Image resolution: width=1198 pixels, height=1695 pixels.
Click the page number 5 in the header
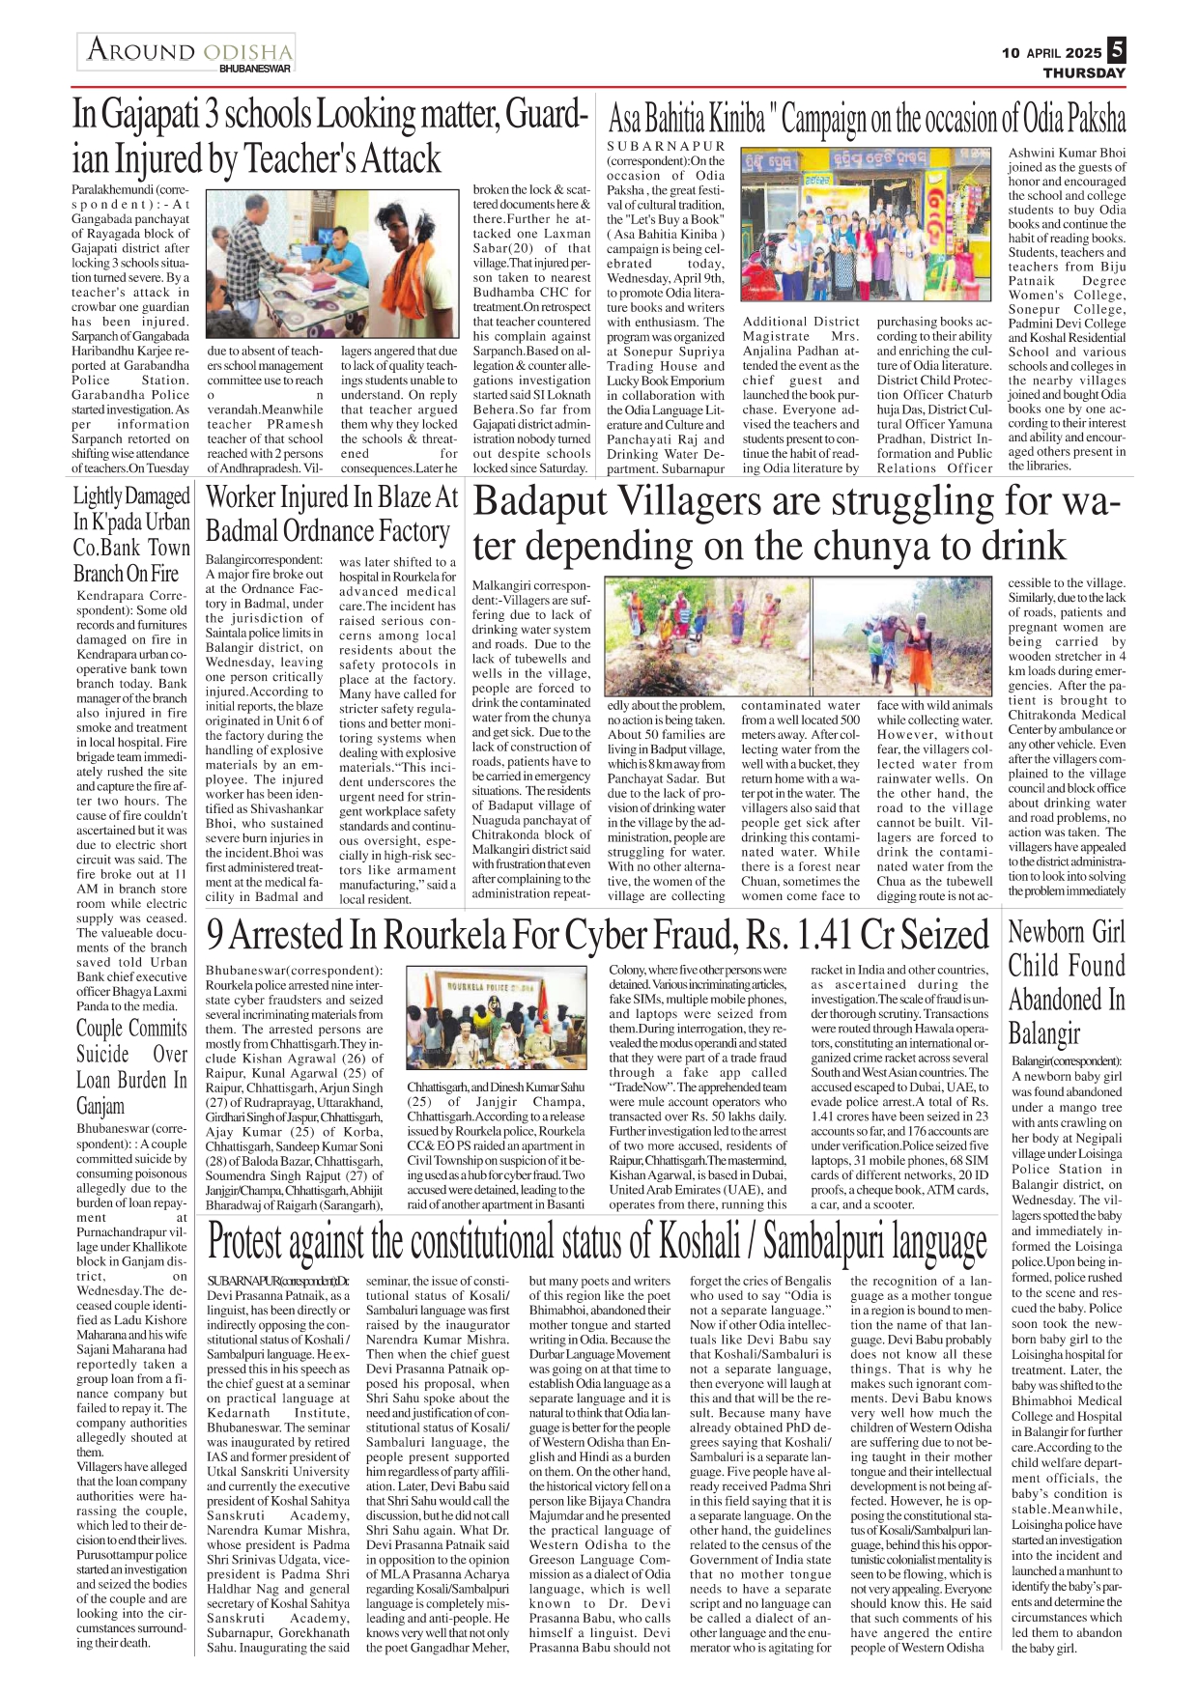[1116, 49]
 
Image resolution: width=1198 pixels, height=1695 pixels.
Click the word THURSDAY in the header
[1084, 72]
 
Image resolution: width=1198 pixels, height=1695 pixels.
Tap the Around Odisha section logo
[187, 52]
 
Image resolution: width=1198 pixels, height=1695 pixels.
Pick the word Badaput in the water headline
[539, 503]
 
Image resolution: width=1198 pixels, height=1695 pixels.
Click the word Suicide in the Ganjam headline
[102, 1054]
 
